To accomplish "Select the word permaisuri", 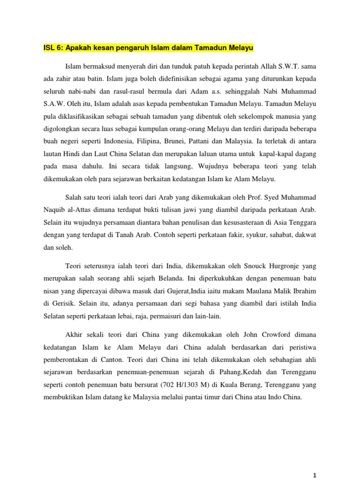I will click(160, 316).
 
